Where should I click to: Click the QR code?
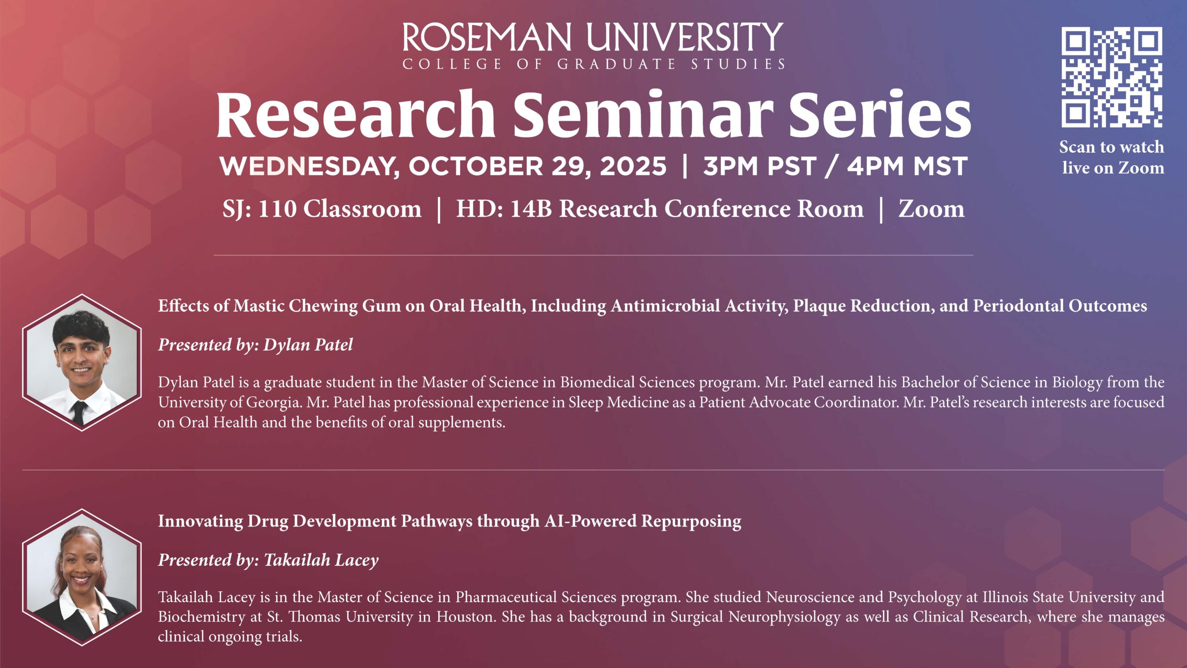tap(1112, 77)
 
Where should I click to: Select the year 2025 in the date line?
tap(633, 167)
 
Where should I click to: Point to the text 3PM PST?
tap(759, 167)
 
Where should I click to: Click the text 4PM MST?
tap(907, 167)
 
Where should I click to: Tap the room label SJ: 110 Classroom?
tap(322, 209)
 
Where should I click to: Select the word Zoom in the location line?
tap(932, 209)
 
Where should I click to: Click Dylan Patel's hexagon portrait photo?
tap(82, 362)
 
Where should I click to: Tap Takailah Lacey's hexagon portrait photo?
tap(82, 577)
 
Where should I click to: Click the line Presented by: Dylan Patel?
tap(255, 345)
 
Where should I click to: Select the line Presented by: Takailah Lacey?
tap(268, 560)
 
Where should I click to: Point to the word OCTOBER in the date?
tap(475, 167)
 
